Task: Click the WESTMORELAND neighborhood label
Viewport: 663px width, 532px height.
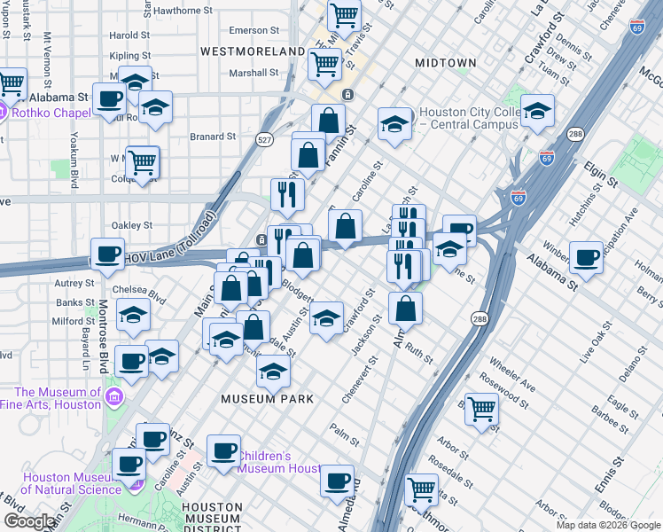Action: (x=253, y=51)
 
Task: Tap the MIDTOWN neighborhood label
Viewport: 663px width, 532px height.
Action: (x=447, y=63)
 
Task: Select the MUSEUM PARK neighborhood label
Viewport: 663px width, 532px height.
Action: (x=267, y=399)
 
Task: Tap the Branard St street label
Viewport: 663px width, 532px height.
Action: (x=213, y=137)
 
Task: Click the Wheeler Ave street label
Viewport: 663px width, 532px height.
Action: (x=511, y=375)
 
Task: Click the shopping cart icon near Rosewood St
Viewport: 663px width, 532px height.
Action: (x=481, y=409)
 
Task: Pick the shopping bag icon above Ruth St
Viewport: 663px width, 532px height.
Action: (x=405, y=308)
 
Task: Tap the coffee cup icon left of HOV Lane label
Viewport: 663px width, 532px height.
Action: (x=108, y=254)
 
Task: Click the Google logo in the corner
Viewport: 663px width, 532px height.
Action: (x=28, y=521)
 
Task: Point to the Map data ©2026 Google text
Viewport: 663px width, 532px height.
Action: (x=607, y=525)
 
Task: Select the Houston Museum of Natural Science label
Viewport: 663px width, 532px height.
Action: (x=71, y=482)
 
